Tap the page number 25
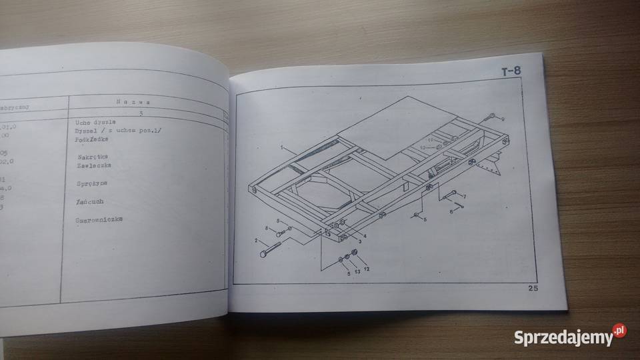[532, 289]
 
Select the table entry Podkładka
[91, 139]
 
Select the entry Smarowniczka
[99, 219]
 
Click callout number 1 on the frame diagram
[282, 147]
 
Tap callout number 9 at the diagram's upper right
[503, 119]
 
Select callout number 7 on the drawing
[464, 196]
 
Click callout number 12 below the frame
[366, 268]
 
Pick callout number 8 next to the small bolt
[267, 229]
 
